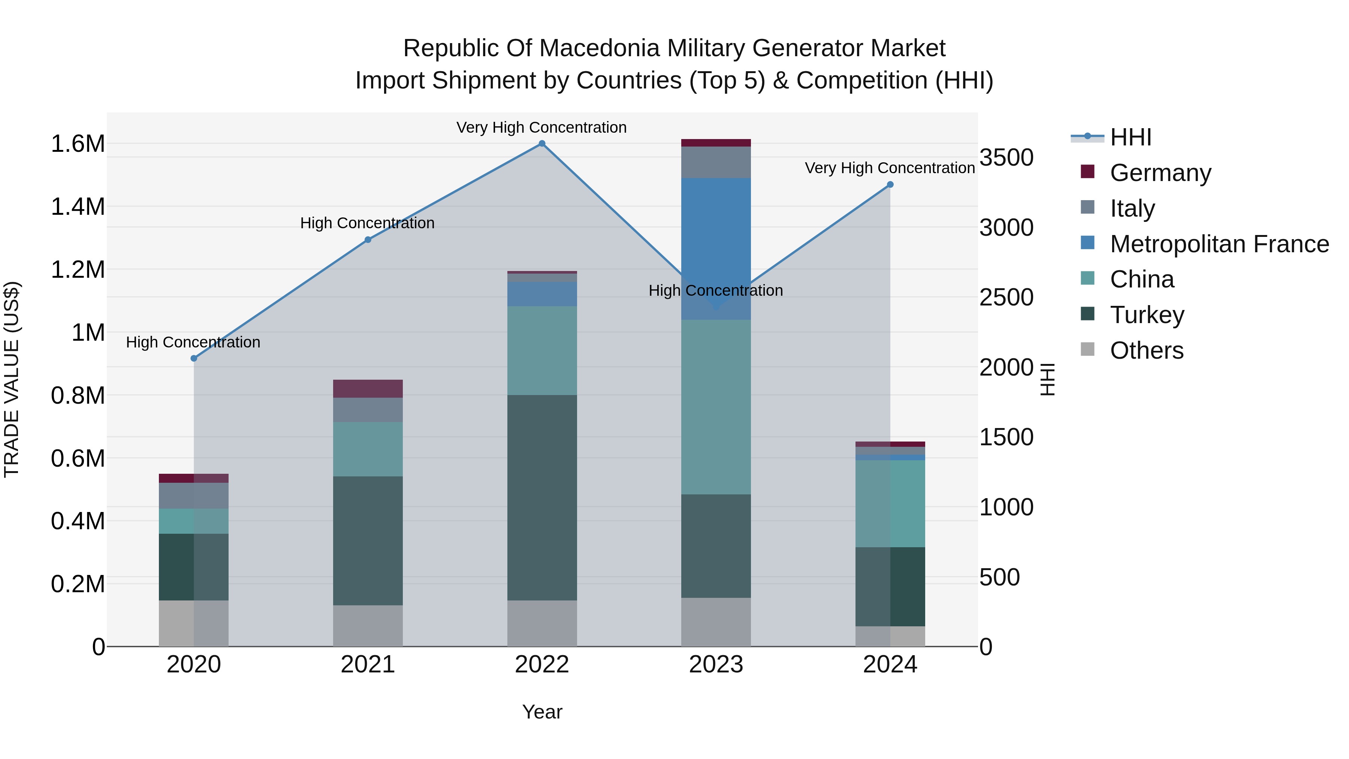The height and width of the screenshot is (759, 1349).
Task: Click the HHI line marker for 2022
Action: [x=542, y=144]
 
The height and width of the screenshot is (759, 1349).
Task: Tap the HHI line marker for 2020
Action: [x=194, y=358]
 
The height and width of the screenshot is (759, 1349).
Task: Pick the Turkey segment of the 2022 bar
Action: [x=542, y=498]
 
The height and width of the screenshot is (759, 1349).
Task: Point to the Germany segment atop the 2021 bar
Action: [x=368, y=389]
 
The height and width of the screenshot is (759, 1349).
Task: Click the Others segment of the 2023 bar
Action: [x=716, y=622]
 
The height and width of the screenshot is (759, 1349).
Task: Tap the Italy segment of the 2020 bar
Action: [x=194, y=496]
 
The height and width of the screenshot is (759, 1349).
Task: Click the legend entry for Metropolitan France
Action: [x=1219, y=244]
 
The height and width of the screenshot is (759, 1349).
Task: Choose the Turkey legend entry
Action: [x=1147, y=315]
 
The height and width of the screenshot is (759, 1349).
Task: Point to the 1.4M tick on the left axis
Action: [x=78, y=207]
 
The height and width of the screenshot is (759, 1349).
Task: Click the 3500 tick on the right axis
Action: [x=1006, y=158]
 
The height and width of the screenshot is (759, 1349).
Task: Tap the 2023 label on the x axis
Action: [x=716, y=665]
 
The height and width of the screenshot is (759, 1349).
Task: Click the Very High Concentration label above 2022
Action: [x=541, y=127]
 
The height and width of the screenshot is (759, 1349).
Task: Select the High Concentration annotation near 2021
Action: [x=367, y=223]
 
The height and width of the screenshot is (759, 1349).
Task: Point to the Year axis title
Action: [x=542, y=712]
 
